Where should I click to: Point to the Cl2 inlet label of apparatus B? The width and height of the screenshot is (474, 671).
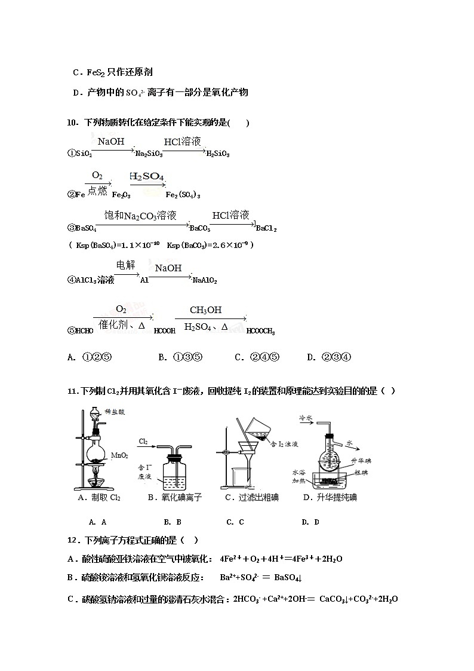[143, 442]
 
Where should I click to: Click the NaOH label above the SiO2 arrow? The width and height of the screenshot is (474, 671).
[111, 142]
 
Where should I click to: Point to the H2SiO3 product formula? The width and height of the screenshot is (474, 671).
[218, 154]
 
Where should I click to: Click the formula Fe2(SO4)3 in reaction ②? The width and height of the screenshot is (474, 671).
[183, 195]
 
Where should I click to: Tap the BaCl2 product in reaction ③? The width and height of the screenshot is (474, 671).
[266, 228]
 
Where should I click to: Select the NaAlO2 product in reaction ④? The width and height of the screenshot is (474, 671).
[204, 280]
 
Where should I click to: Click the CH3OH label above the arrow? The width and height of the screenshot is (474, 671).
[205, 310]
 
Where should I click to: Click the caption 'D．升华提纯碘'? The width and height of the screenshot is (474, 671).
[330, 497]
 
